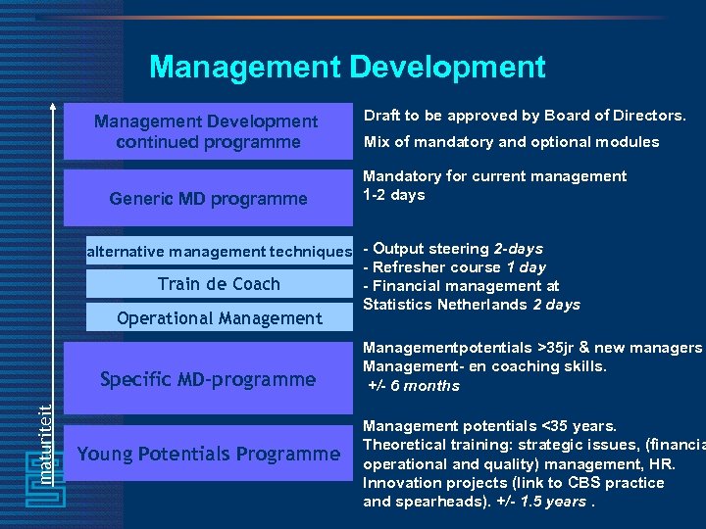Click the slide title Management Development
click(x=347, y=67)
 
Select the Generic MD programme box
click(x=208, y=199)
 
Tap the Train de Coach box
click(x=219, y=284)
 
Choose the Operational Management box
click(x=219, y=318)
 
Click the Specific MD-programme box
click(x=208, y=379)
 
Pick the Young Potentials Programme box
click(x=208, y=454)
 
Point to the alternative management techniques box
click(x=219, y=252)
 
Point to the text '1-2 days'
click(x=394, y=195)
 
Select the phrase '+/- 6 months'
click(x=414, y=385)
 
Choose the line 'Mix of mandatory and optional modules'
click(x=511, y=142)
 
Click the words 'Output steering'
click(x=431, y=249)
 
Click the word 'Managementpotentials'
click(x=447, y=348)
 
